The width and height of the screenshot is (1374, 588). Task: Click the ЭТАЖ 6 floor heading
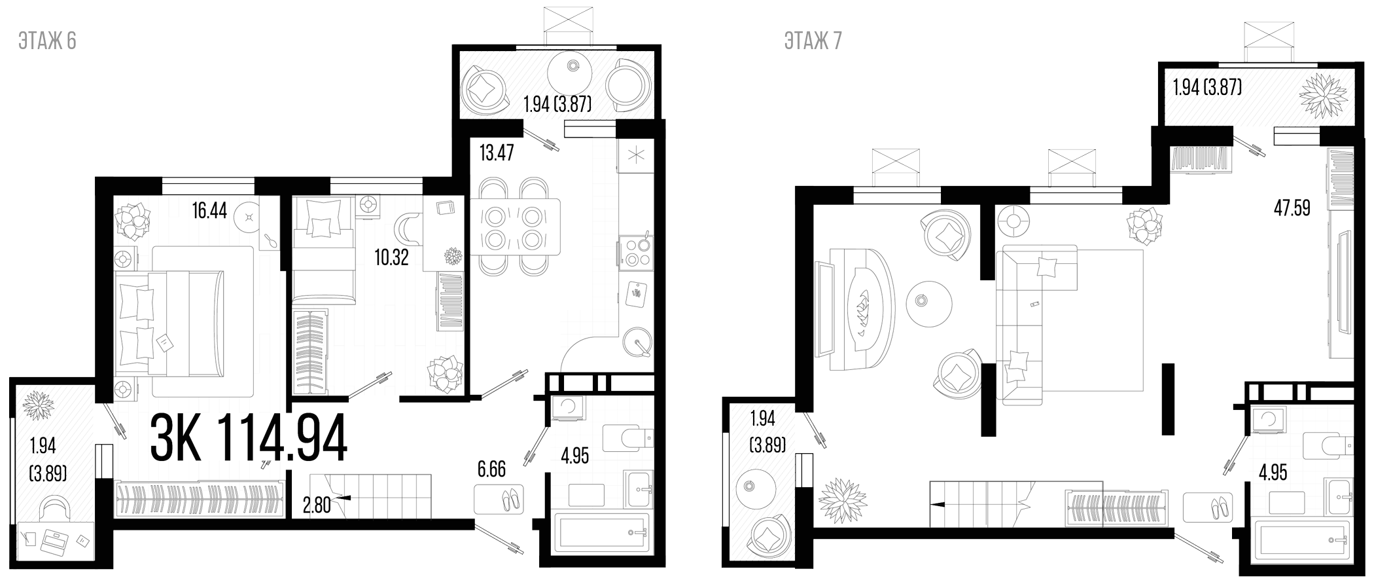pos(48,41)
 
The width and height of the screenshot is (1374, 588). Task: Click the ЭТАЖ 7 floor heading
pos(813,41)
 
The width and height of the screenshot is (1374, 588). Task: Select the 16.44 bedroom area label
pos(209,210)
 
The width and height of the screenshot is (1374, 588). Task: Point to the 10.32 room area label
pos(391,257)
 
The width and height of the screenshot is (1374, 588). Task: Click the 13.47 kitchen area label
pos(497,153)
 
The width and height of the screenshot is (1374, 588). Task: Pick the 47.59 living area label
pos(1292,208)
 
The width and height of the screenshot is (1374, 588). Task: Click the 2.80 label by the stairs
pos(317,505)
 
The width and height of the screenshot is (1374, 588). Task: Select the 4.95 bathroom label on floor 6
pos(575,456)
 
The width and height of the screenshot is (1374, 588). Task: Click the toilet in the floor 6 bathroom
pos(627,438)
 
